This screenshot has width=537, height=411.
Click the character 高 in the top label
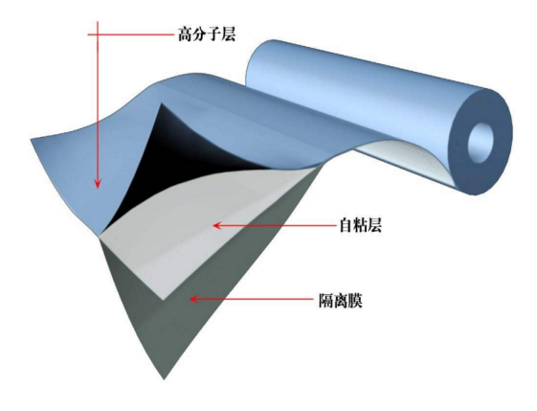(x=185, y=34)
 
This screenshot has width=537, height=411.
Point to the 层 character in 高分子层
(x=229, y=34)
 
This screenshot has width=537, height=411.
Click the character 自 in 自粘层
(x=347, y=225)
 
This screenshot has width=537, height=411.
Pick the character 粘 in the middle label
(x=360, y=225)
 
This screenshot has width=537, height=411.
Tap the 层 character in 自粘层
(x=374, y=225)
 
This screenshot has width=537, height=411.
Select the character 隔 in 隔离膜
(x=326, y=301)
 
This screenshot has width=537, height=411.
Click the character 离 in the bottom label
(x=341, y=301)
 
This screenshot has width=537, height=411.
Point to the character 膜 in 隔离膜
(x=355, y=301)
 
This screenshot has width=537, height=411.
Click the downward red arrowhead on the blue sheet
(x=98, y=183)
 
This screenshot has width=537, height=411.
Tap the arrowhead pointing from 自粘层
(x=218, y=225)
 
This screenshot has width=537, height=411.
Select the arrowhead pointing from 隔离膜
(x=195, y=299)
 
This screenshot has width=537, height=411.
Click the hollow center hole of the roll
(x=481, y=141)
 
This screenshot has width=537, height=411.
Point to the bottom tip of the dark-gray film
(x=165, y=379)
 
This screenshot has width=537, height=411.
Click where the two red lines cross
(x=98, y=34)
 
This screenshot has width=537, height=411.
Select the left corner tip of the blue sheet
(x=32, y=140)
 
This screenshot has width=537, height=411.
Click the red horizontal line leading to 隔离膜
(x=252, y=299)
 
